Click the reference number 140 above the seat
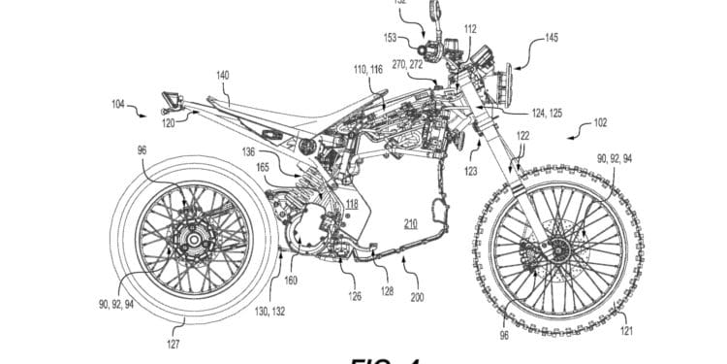pyautogui.click(x=223, y=74)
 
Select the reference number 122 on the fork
pyautogui.click(x=522, y=139)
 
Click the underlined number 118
pyautogui.click(x=351, y=203)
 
